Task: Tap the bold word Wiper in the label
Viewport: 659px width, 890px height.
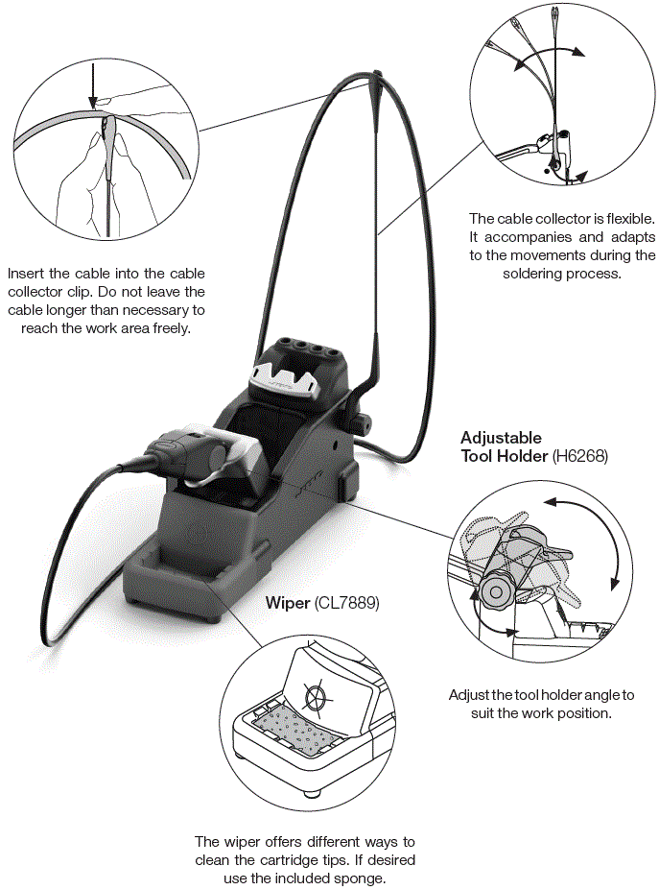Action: tap(287, 603)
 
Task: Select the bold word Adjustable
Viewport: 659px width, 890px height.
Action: tap(501, 438)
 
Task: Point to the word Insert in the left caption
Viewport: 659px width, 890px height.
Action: tap(26, 274)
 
